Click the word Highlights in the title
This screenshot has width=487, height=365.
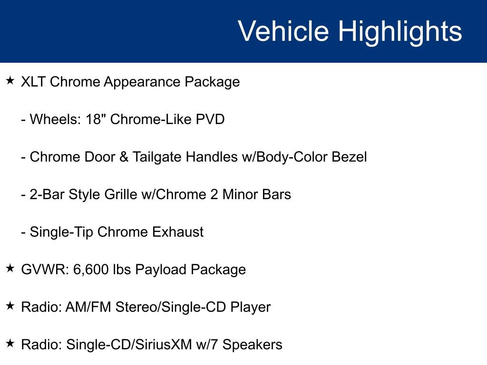(x=400, y=31)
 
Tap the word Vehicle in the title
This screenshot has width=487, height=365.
(x=283, y=31)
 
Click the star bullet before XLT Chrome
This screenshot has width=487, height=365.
(x=10, y=81)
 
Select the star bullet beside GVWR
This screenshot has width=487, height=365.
(x=10, y=269)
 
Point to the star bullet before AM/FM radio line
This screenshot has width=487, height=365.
(x=10, y=306)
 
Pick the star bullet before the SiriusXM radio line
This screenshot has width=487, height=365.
(x=10, y=344)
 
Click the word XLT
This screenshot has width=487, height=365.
(x=34, y=82)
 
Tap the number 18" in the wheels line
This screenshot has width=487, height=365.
(x=96, y=119)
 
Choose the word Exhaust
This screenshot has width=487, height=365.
(x=177, y=232)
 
